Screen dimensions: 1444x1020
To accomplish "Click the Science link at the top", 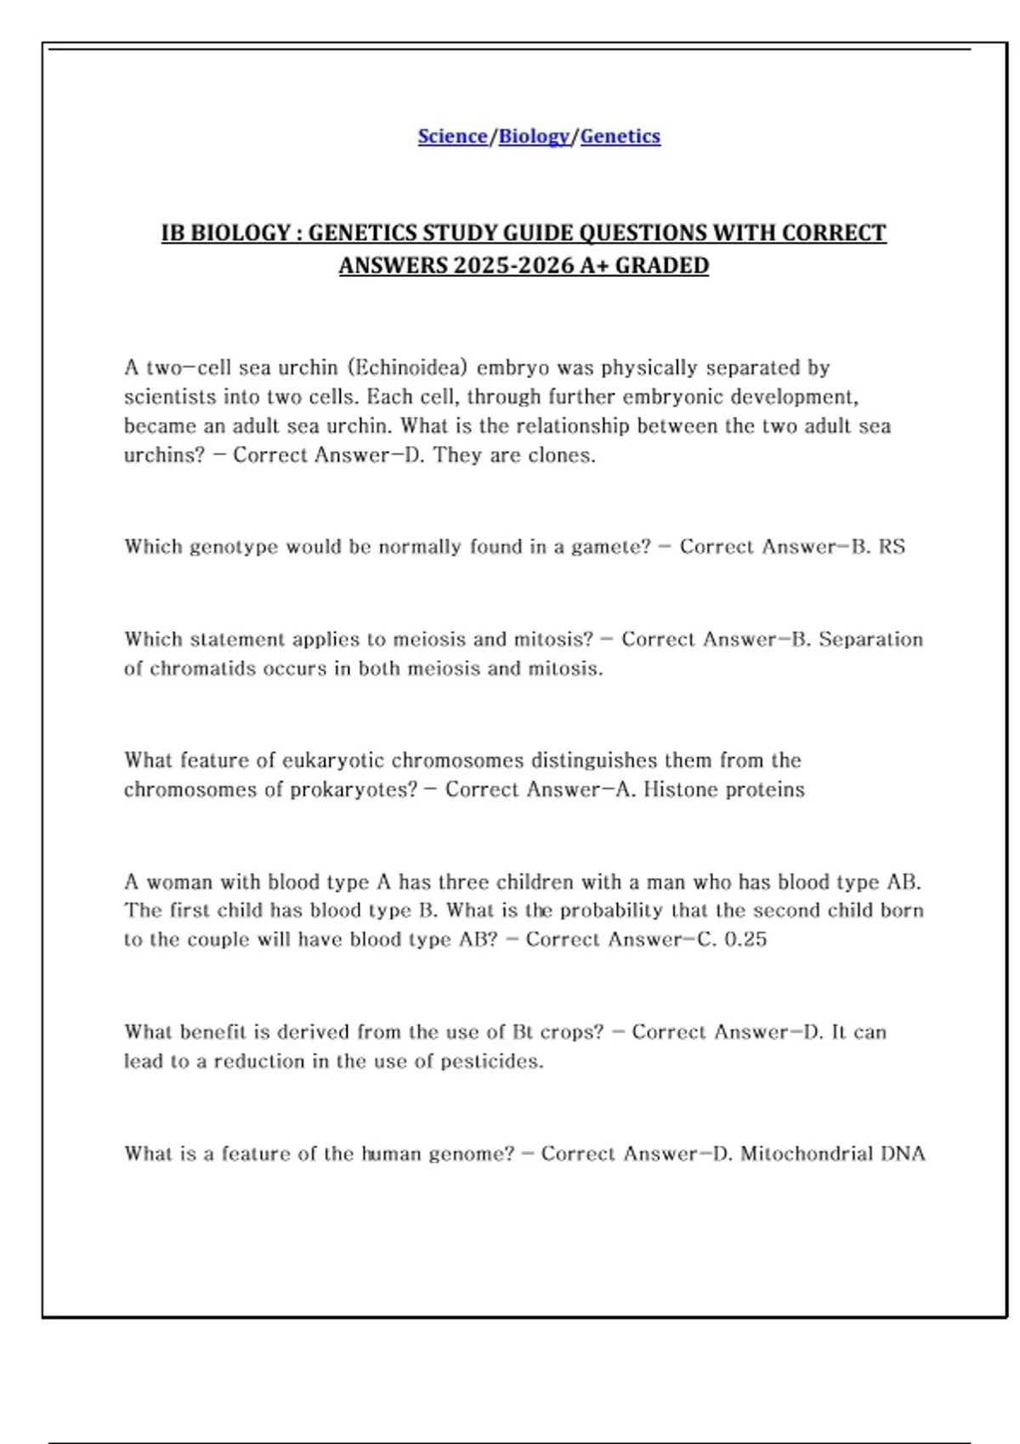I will coord(452,136).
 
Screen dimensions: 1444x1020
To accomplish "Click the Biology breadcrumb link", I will coord(533,136).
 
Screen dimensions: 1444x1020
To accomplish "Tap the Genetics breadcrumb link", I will coord(620,136).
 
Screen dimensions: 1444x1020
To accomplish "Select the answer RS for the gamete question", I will coord(892,546).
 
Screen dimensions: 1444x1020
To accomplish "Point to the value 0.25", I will coord(745,939).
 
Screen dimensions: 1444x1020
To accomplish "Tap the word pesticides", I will coord(491,1062).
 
